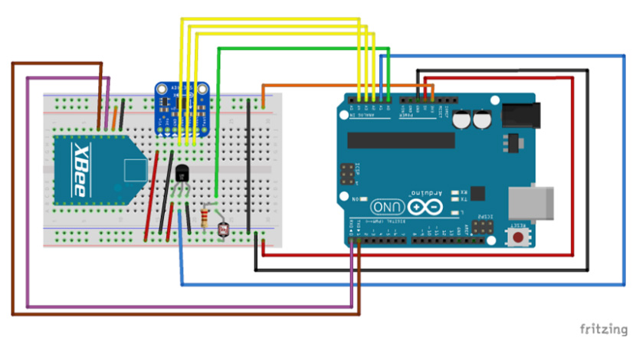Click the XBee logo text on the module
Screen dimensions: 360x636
[x=82, y=170]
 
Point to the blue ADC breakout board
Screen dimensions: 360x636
[x=182, y=105]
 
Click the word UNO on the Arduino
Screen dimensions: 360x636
[x=386, y=207]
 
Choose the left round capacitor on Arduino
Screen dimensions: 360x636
[x=462, y=119]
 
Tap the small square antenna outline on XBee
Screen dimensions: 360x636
[x=133, y=169]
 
